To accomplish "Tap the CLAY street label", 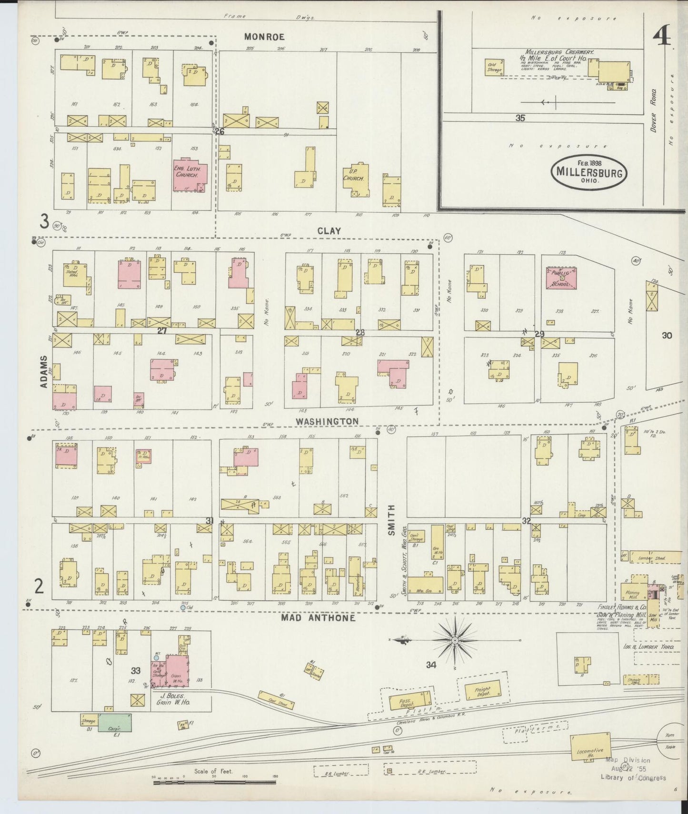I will [329, 231].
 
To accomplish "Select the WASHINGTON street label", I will [327, 421].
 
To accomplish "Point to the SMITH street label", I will [391, 520].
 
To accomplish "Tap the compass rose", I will [455, 641].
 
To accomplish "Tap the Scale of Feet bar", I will [214, 781].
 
